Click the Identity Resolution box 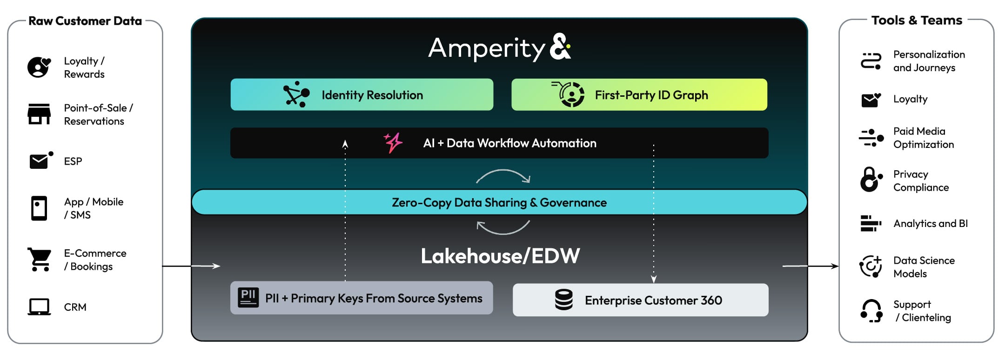pos(362,94)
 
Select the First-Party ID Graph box pos(639,94)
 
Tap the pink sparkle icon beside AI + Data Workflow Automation pos(393,142)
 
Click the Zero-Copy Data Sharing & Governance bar pos(499,202)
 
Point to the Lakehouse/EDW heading pos(500,256)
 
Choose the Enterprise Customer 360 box pos(640,300)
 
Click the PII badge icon pos(248,298)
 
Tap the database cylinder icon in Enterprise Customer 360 pos(563,300)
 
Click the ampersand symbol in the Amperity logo pos(560,47)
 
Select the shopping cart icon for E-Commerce pos(40,259)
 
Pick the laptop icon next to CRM pos(39,307)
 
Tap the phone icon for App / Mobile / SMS pos(39,208)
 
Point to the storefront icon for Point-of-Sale pos(39,114)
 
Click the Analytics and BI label pos(930,223)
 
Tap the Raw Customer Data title pos(85,21)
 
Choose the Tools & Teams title pos(917,20)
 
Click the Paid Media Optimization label pos(923,138)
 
